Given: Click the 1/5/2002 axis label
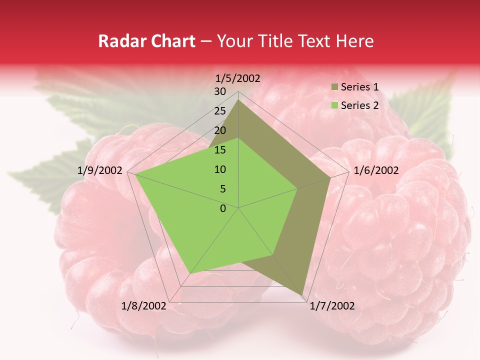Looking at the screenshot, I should point(238,78).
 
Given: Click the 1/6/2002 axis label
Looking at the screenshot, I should point(376,170).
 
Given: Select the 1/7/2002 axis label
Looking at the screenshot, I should point(332,306).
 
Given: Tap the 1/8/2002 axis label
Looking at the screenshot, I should point(144,306).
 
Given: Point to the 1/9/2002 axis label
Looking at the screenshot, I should point(100,170).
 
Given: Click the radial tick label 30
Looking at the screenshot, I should point(220,91).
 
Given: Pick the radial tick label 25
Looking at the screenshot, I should point(220,111).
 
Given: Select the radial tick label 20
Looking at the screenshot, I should point(220,130).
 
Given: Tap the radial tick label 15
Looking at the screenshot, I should point(220,150).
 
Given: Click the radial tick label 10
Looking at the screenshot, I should point(220,169).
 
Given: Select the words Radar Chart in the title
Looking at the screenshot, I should point(146,41).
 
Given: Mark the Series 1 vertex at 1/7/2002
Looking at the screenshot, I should point(303,294).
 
